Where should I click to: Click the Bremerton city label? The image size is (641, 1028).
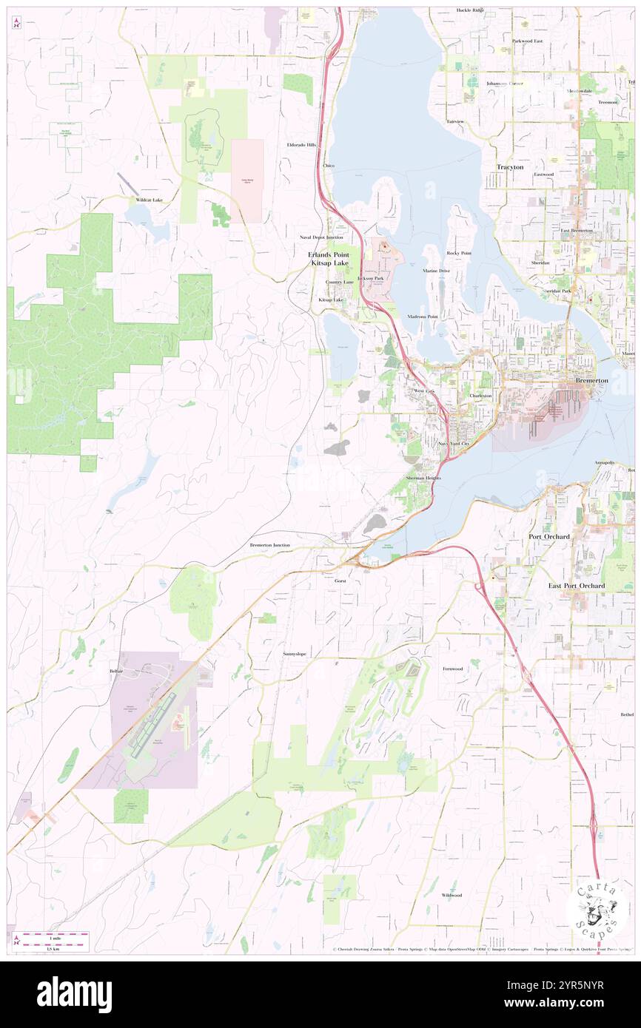(x=592, y=380)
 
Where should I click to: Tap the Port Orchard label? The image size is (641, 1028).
(x=548, y=536)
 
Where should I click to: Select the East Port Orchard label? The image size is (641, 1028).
(x=576, y=586)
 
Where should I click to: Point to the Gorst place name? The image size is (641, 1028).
(x=340, y=581)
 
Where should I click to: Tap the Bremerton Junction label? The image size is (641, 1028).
(x=269, y=545)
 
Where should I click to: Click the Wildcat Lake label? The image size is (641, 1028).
(x=148, y=200)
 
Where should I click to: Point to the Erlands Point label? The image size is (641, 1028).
(x=328, y=254)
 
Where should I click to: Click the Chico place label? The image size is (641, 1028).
(x=329, y=166)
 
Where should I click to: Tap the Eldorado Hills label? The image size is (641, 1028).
(x=301, y=145)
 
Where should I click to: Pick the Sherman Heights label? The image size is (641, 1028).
(x=423, y=479)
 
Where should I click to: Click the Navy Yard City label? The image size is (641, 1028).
(x=454, y=443)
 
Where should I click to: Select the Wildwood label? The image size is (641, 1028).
(x=452, y=895)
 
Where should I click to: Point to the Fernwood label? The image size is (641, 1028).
(x=452, y=669)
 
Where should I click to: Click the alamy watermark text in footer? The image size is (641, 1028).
(x=74, y=994)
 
